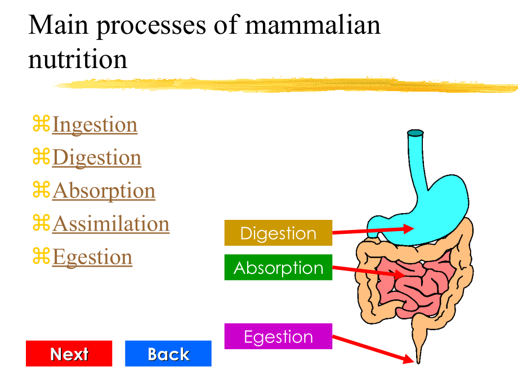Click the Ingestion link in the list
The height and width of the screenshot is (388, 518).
point(95,125)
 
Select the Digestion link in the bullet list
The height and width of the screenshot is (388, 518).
point(97,157)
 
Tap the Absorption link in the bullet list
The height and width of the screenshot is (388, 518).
point(104,191)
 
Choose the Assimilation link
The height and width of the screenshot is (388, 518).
point(111,224)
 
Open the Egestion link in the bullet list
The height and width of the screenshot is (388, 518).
point(92,257)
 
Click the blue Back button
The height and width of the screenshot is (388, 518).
point(168,353)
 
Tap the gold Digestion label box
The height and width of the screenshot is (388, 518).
point(278,233)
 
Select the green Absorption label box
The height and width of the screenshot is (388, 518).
point(278,267)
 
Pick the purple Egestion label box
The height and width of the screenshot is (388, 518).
point(278,336)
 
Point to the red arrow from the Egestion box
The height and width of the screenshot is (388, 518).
point(373,349)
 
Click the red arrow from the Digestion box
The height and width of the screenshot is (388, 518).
point(373,231)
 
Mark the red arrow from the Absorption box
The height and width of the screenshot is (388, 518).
point(369,272)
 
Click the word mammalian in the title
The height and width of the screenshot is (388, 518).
point(313,25)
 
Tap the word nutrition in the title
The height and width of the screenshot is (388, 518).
point(78,60)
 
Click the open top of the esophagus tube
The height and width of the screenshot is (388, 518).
point(416,133)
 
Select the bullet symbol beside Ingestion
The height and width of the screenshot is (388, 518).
point(41,123)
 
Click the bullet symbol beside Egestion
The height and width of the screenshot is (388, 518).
point(41,256)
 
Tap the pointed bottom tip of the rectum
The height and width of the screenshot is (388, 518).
point(418,363)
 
